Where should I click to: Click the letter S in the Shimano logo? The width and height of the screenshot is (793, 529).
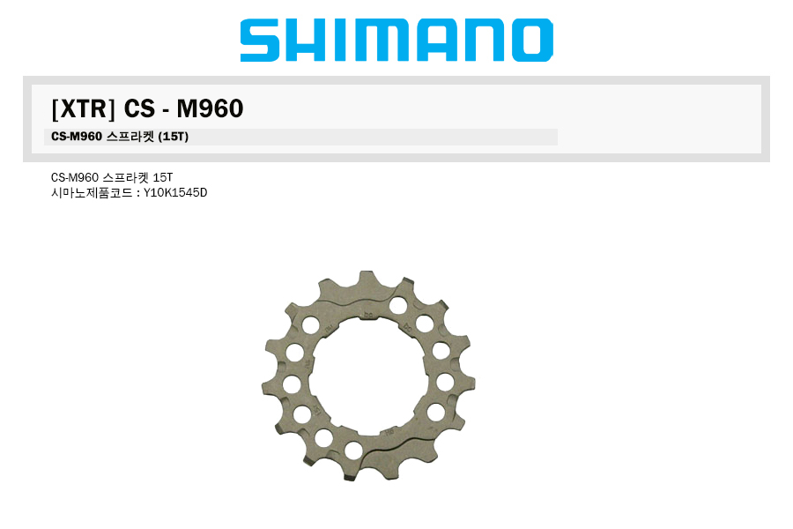click(260, 40)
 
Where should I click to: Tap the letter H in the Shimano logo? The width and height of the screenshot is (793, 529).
click(305, 40)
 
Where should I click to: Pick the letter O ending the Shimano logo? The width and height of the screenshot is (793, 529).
click(532, 40)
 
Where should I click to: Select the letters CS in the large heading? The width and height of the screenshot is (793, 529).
click(139, 108)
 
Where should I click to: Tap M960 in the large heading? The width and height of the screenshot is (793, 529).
click(210, 108)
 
